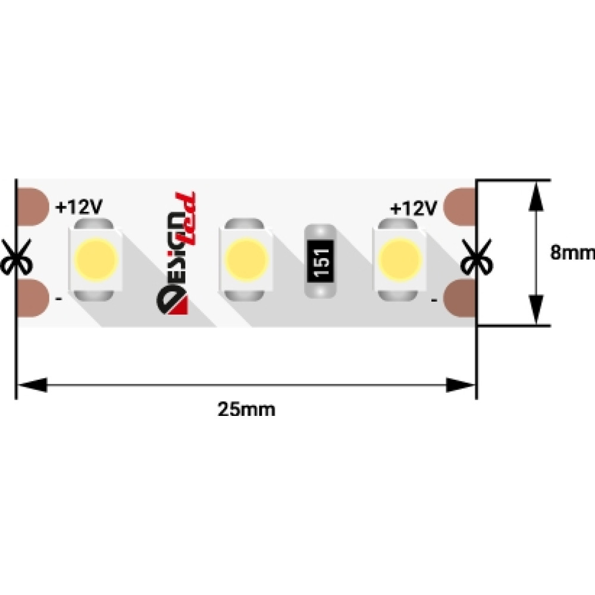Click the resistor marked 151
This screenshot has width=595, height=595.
click(320, 261)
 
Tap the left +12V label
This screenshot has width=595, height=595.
click(79, 207)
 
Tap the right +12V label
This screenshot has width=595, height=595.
click(414, 208)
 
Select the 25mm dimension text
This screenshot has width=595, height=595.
click(246, 409)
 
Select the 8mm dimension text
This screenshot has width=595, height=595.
click(572, 252)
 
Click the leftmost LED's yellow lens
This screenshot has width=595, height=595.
click(96, 259)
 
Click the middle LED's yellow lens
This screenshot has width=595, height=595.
click(247, 259)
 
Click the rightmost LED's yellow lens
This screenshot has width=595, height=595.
click(400, 259)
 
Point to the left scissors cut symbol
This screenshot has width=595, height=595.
click(16, 257)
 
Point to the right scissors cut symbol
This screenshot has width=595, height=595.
click(477, 257)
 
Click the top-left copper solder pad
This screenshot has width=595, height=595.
click(33, 207)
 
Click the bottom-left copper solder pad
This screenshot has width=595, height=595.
click(33, 298)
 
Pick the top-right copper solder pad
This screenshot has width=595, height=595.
click(459, 207)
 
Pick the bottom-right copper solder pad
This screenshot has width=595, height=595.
click(459, 298)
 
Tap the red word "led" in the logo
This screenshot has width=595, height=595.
click(186, 219)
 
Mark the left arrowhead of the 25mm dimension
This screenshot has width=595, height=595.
click(32, 385)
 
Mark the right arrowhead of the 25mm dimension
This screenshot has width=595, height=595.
click(461, 385)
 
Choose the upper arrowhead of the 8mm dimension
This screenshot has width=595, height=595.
click(536, 196)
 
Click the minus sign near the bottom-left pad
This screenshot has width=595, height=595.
click(59, 299)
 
